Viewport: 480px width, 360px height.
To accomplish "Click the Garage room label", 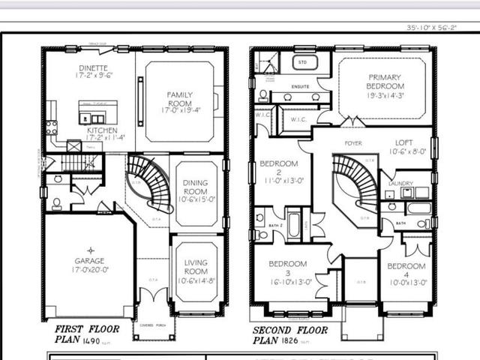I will [89, 260].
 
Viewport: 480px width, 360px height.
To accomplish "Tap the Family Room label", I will [180, 100].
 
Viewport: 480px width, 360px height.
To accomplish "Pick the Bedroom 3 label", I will [288, 264].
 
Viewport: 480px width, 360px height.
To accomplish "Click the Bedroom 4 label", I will [407, 266].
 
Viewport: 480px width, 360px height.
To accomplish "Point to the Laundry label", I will [401, 183].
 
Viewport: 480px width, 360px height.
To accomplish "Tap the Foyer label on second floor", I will [353, 142].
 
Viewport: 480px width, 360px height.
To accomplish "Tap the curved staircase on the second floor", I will [352, 182].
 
